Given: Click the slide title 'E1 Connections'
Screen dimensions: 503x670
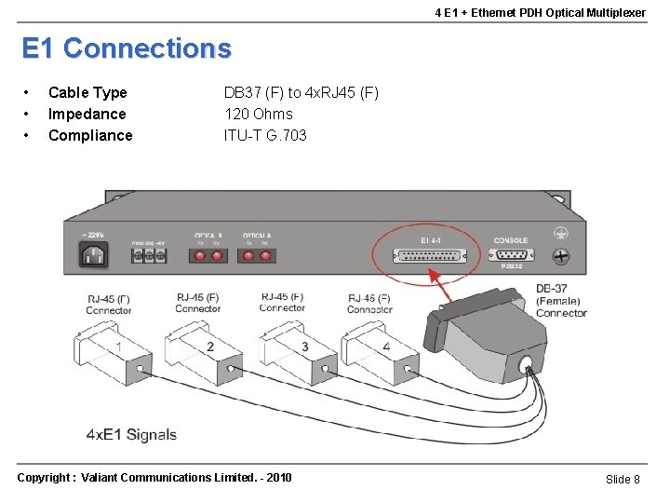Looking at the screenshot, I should [126, 48].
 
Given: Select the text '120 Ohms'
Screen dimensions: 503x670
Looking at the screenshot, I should [258, 114].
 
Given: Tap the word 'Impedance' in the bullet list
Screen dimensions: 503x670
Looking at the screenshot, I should [87, 114].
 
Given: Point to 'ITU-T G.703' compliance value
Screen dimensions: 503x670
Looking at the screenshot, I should [265, 135].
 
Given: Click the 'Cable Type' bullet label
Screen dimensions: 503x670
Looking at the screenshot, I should [87, 92].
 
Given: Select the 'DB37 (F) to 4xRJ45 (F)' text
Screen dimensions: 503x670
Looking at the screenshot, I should [301, 92].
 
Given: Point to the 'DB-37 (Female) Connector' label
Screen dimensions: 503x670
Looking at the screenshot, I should [560, 301].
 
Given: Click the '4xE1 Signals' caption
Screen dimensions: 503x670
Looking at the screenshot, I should [131, 434].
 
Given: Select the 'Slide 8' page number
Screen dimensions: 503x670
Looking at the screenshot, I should [623, 479].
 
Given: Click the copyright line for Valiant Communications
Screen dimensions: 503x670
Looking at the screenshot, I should [154, 478].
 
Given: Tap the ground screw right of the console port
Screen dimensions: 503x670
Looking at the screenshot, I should [561, 254].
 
